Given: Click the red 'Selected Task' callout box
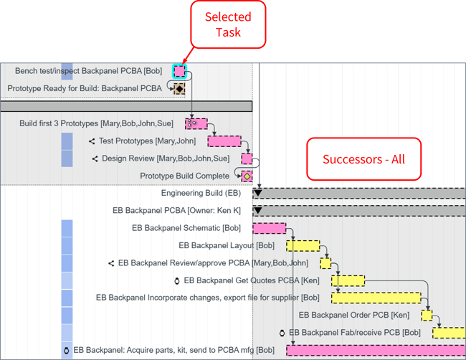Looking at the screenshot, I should [227, 24].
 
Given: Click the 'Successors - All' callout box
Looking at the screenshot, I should [363, 158].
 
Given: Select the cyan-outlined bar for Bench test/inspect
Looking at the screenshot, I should [179, 71].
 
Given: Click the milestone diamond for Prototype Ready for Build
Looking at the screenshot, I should [179, 88].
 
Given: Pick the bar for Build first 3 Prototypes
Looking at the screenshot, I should [196, 123].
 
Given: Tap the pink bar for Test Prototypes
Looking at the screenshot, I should [224, 141].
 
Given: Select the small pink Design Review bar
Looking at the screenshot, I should [247, 158].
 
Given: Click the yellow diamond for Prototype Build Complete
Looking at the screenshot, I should [247, 176].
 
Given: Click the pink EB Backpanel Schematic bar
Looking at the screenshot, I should [269, 228].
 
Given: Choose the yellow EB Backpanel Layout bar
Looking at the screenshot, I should [303, 246].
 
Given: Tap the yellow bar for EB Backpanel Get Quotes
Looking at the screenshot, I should [348, 280].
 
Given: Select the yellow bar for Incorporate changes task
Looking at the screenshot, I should [376, 298].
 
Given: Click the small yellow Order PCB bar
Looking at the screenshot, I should [427, 315].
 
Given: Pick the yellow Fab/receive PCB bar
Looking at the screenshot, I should [448, 333].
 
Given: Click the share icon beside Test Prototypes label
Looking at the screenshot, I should [92, 141].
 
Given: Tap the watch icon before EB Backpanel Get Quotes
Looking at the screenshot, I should [177, 280].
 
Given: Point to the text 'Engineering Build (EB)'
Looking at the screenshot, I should [201, 193].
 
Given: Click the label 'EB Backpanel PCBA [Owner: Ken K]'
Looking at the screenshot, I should [176, 211].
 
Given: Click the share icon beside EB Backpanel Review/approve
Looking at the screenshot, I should [111, 263].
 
